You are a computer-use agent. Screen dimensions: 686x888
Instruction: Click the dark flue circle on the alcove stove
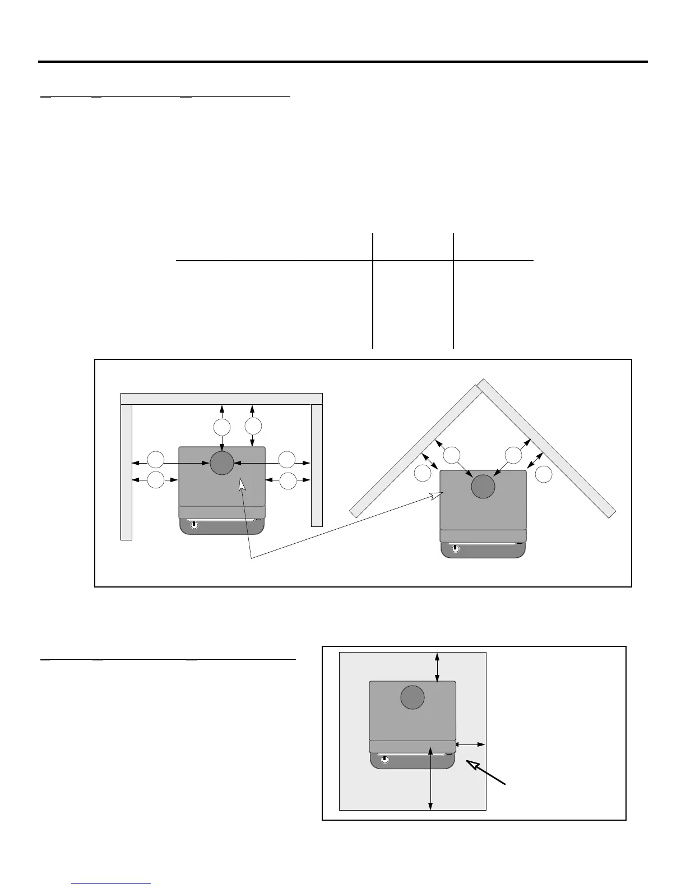(222, 463)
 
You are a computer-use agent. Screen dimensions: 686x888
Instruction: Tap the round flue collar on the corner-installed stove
(483, 486)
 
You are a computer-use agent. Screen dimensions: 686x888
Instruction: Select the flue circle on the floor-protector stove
(412, 697)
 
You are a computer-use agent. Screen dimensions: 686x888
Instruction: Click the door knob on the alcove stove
(194, 525)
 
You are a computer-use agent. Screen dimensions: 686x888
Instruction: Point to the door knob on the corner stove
(455, 549)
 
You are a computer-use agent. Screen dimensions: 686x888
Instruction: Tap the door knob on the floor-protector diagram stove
(384, 760)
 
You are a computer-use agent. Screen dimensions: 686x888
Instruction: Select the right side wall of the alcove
(317, 465)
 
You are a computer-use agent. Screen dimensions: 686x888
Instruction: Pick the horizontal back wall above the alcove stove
(222, 399)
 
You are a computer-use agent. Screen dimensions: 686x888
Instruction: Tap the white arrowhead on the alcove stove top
(242, 485)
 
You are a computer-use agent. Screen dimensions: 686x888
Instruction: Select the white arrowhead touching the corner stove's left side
(437, 495)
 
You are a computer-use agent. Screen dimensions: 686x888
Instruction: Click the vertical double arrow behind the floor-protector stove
(437, 667)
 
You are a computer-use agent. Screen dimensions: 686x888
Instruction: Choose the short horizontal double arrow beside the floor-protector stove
(471, 744)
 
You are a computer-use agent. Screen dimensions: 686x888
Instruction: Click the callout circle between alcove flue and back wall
(222, 428)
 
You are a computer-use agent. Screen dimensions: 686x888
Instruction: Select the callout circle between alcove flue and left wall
(155, 461)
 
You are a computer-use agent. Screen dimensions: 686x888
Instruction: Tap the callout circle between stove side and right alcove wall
(288, 480)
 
